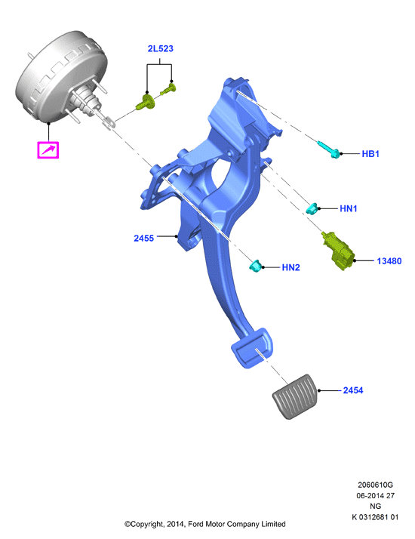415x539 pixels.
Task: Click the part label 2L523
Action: [x=161, y=49]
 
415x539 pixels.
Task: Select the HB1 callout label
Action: [x=370, y=154]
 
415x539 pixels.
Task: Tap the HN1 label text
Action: [x=349, y=208]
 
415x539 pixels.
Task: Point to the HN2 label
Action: [x=290, y=267]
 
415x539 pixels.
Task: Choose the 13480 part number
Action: [x=389, y=261]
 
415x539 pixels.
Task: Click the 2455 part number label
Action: [x=143, y=239]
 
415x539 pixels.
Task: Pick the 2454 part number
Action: [x=353, y=390]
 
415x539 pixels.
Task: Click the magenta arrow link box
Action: [x=48, y=150]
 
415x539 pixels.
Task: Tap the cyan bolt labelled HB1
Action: [x=328, y=149]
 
